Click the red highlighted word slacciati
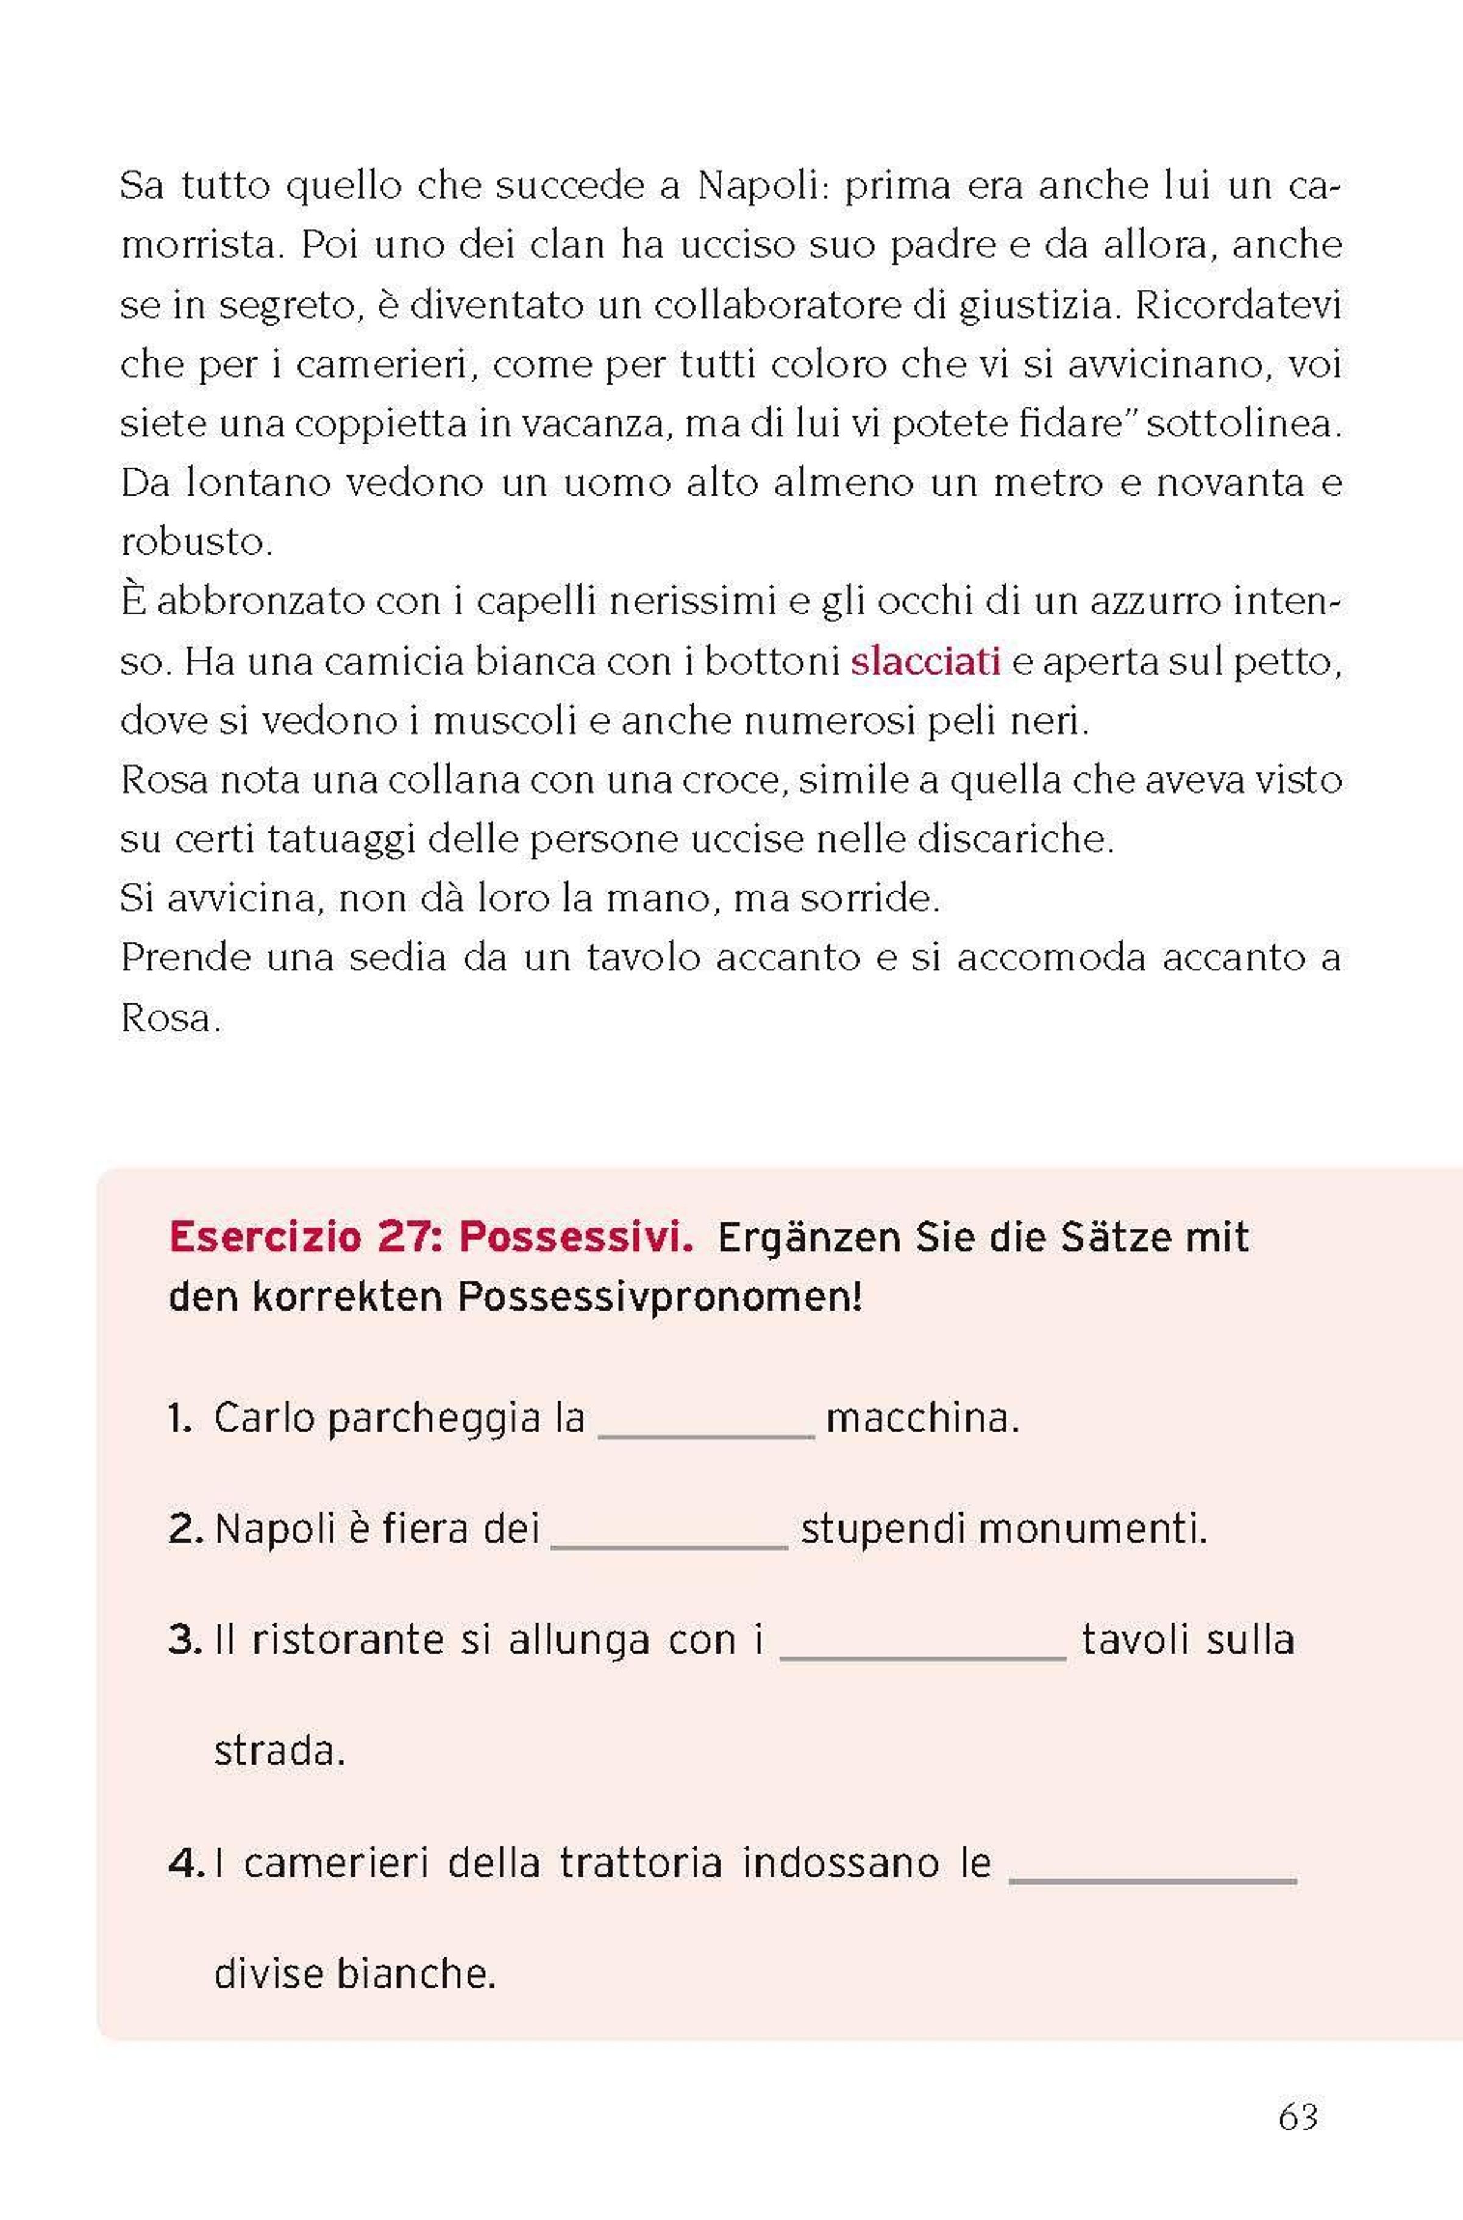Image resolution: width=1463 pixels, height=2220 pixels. [925, 661]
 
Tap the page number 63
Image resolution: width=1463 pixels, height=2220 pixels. [1298, 2116]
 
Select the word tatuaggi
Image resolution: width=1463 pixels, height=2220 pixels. [341, 839]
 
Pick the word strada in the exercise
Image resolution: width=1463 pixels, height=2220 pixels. [279, 1751]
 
